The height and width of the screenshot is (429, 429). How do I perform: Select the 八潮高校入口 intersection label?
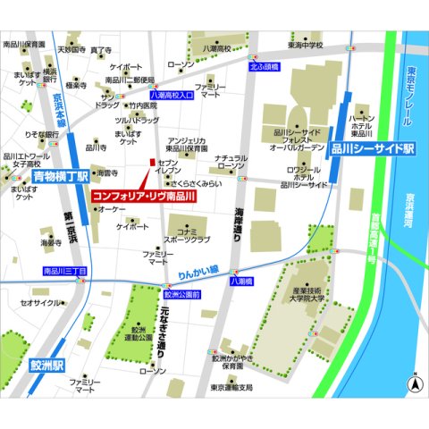172,93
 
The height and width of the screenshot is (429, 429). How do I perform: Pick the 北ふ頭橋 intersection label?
264,66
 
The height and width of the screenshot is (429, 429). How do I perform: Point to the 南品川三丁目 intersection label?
64,270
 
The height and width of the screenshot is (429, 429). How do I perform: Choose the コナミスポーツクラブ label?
187,235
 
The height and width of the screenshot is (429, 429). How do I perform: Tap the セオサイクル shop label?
39,303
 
